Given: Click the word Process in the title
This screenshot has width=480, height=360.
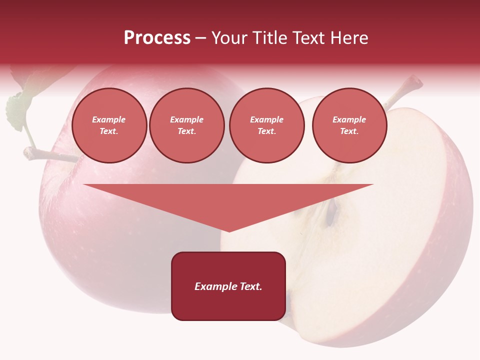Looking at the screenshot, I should [x=157, y=38].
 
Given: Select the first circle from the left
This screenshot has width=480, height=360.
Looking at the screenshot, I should [x=109, y=125].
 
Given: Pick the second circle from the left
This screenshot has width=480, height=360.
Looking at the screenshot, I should [x=186, y=125].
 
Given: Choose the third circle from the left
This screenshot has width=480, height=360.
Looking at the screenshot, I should [x=266, y=125].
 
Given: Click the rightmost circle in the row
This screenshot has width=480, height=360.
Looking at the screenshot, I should [x=349, y=125].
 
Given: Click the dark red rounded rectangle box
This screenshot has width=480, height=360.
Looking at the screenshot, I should [x=228, y=286].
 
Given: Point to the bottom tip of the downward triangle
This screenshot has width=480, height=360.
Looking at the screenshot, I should [x=229, y=231].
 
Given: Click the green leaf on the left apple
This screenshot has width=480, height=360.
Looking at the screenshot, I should [x=18, y=107].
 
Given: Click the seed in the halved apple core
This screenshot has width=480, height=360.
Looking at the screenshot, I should [x=330, y=212].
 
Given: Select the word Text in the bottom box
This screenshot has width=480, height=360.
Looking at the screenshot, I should [x=251, y=286].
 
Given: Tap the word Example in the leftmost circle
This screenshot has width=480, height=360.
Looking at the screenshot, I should [x=109, y=119].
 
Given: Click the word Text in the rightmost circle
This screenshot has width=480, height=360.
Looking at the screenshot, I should [x=348, y=131].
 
